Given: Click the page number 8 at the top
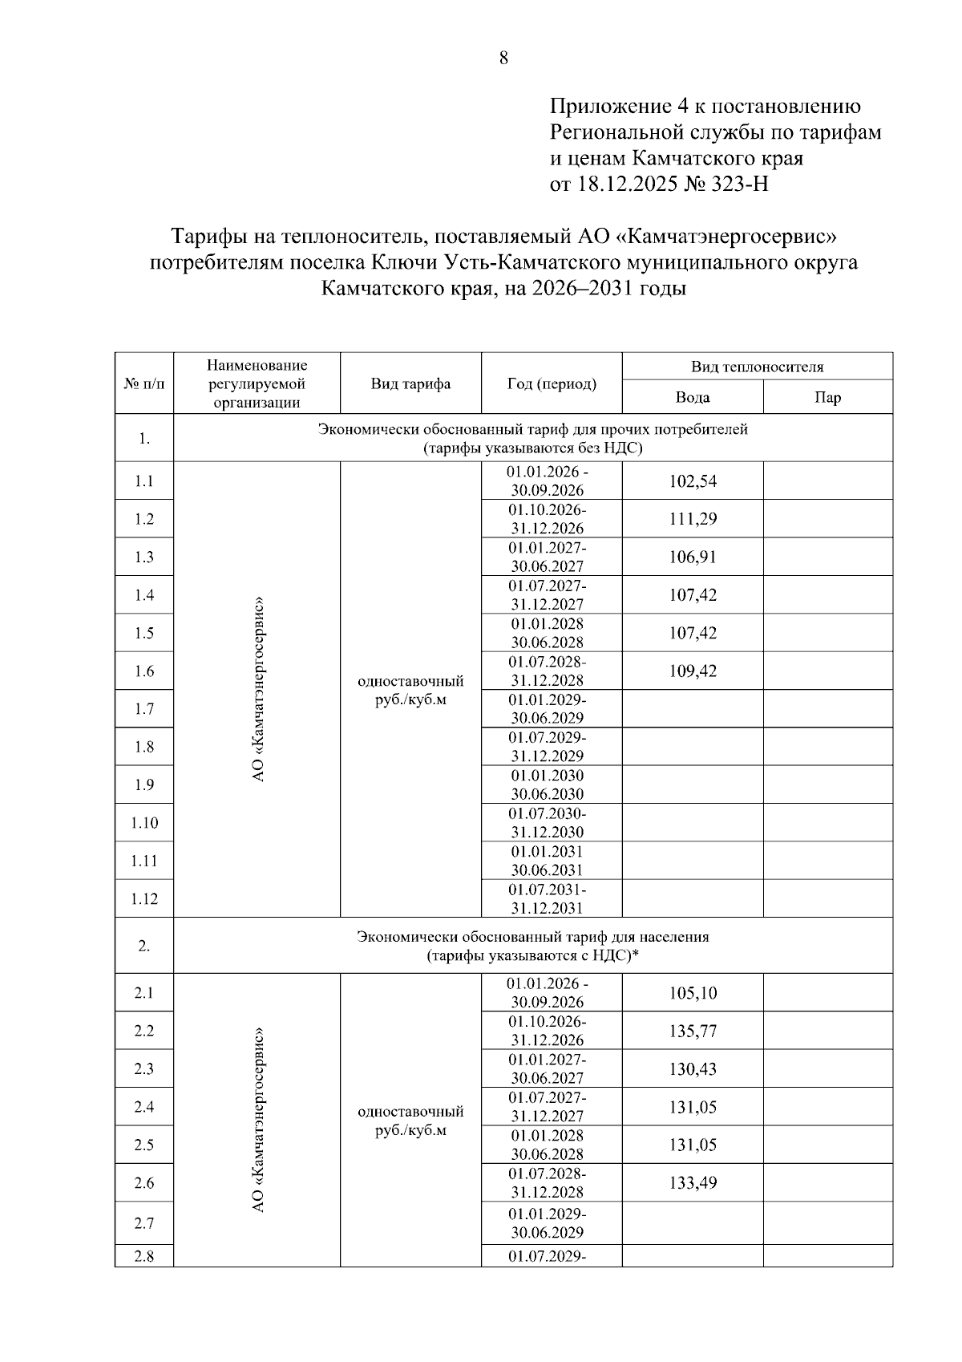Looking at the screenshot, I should coord(503,58).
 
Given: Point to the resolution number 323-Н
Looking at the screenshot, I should coord(738,184).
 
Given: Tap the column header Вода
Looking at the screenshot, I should coord(693,397).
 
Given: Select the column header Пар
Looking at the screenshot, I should coord(827,397).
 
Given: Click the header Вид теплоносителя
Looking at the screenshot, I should coord(757,367).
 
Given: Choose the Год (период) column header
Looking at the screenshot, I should coord(552,383).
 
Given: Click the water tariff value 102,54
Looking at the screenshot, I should coord(693,481).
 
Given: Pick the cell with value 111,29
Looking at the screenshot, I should coord(693,519).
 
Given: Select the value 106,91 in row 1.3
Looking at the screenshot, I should coord(693,557).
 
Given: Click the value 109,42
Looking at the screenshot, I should coord(693,671).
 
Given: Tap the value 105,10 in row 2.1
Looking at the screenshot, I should coord(693,993).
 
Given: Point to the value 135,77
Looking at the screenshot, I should coord(693,1031).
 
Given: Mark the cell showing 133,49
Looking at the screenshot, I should coord(693,1182).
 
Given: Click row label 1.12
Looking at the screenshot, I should coord(144,898).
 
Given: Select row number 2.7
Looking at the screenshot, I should coord(144,1223).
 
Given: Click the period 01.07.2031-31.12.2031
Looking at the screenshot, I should coord(552,898).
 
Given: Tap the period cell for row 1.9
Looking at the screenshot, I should coord(552,784).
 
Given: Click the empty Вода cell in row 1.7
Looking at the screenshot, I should coord(693,708).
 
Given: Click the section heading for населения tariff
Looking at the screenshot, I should coord(532,946).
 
